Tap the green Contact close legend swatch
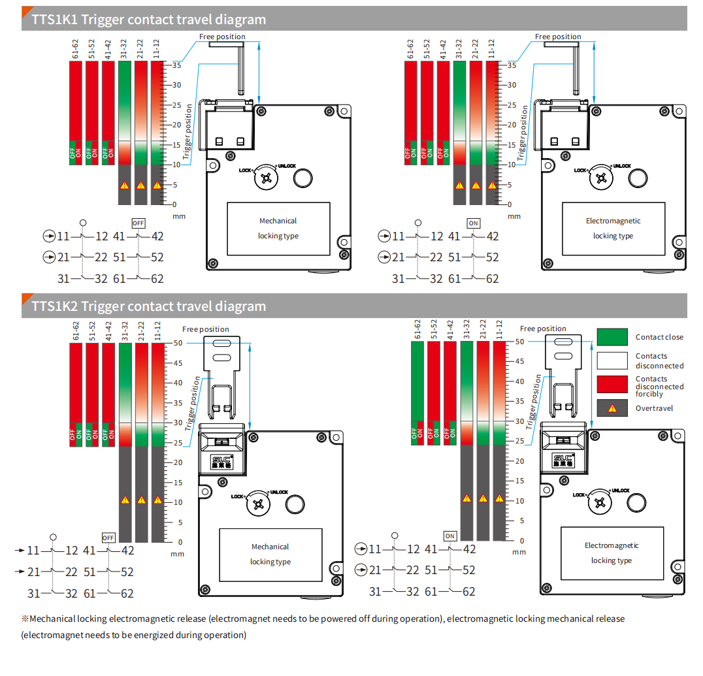(612, 337)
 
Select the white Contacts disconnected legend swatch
(612, 361)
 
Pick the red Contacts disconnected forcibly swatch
(612, 384)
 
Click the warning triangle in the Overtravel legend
(612, 408)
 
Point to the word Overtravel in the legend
(654, 408)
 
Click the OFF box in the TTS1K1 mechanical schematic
(138, 223)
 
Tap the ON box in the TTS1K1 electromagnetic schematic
(473, 223)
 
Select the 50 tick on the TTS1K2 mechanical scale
(177, 343)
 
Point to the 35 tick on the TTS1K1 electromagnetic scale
(512, 65)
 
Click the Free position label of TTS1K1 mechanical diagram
(222, 37)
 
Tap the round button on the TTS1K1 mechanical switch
(302, 178)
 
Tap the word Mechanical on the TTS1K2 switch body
(270, 547)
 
